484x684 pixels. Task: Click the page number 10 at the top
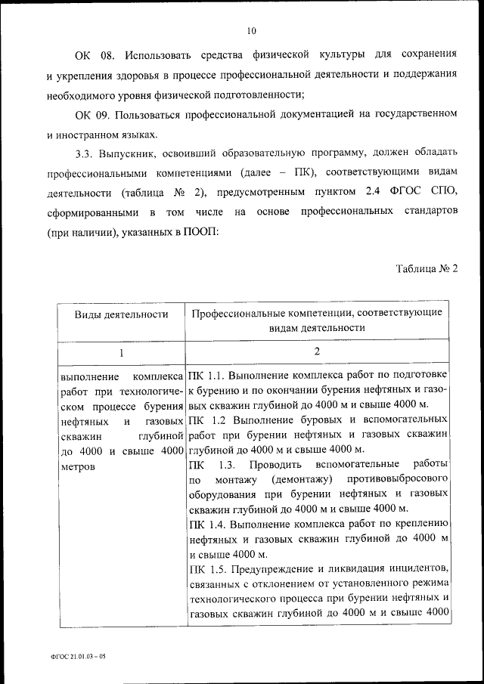pos(251,31)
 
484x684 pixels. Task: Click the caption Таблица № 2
pos(427,269)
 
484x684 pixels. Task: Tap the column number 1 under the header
pos(121,351)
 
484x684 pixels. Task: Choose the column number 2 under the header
pos(318,351)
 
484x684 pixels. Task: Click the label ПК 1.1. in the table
pos(206,375)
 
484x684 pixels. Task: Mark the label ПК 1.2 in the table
pos(204,419)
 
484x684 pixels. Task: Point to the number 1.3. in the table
pos(227,463)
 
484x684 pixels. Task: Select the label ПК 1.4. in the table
pos(206,522)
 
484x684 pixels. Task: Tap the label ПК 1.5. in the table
pos(206,567)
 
